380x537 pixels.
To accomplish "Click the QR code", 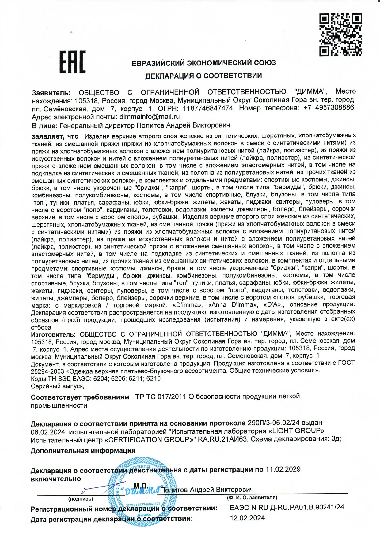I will (341, 35).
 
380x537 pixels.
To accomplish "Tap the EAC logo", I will (73, 62).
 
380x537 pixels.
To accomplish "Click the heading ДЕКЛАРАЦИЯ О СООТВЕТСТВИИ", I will (203, 76).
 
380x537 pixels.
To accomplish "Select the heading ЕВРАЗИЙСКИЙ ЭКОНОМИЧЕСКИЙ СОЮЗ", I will (204, 63).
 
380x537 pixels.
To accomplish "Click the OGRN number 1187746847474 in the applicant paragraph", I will (208, 108).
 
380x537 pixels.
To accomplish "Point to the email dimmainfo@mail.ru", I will (150, 117).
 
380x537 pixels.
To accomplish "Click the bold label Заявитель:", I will (51, 93).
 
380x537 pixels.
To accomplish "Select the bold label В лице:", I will (44, 125).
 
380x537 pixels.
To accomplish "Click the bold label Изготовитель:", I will (53, 334).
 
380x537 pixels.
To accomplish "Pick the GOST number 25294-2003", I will (47, 371).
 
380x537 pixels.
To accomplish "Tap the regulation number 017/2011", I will (172, 397).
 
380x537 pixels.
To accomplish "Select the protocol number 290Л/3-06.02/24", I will (273, 423).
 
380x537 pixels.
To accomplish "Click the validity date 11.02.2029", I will (283, 469).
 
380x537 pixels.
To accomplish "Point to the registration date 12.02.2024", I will (247, 518).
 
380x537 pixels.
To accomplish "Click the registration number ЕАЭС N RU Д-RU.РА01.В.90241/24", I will (287, 507).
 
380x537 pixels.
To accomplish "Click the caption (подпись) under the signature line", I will (81, 499).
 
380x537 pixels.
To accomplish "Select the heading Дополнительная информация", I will (83, 451).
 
